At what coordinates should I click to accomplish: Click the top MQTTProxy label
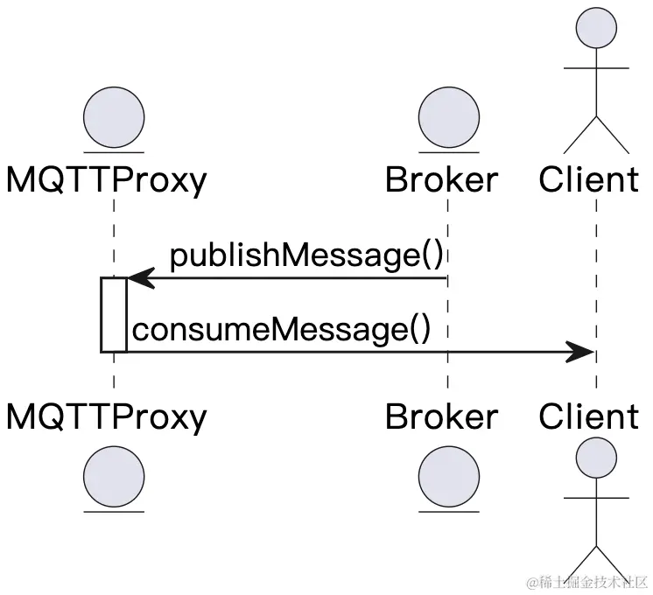click(x=107, y=180)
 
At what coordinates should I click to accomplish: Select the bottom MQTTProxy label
click(x=107, y=416)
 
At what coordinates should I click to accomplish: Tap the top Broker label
click(x=442, y=180)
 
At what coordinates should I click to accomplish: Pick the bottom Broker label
click(x=442, y=416)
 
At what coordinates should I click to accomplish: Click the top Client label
click(x=589, y=180)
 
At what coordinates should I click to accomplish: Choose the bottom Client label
click(x=589, y=416)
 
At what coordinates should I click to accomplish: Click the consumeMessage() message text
click(x=282, y=330)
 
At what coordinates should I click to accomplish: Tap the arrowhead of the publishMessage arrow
click(x=140, y=278)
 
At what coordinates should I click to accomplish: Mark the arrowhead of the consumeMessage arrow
click(x=581, y=352)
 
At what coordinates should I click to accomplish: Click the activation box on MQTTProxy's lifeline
click(x=114, y=315)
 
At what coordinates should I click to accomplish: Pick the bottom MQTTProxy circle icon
click(x=114, y=477)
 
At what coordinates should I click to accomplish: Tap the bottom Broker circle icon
click(x=449, y=477)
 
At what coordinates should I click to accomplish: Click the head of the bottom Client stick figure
click(x=596, y=457)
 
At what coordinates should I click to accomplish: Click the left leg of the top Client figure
click(x=579, y=134)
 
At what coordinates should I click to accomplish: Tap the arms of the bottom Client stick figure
click(x=596, y=498)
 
